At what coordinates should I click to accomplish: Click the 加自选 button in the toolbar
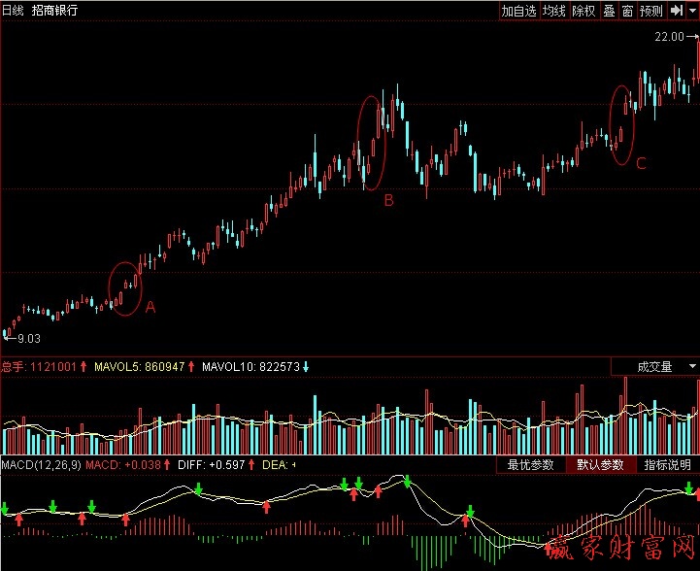tap(518, 11)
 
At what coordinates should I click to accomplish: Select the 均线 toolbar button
tap(553, 11)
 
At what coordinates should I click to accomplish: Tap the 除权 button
tap(583, 11)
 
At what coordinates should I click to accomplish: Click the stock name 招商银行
tap(55, 11)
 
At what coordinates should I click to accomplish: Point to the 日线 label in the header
tap(14, 11)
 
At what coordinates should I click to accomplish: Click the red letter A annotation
tap(150, 307)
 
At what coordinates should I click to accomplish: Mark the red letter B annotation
tap(388, 201)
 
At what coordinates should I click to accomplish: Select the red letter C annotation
tap(641, 164)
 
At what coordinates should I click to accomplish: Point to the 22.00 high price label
tap(669, 36)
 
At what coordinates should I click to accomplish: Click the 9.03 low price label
tap(28, 338)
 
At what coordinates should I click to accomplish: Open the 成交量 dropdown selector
tap(654, 367)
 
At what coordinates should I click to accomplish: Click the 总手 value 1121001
tap(54, 367)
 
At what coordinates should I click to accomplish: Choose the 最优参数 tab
tap(530, 465)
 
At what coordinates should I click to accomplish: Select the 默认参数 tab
tap(601, 465)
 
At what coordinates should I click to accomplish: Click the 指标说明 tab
tap(669, 465)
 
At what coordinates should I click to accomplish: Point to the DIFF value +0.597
tap(228, 465)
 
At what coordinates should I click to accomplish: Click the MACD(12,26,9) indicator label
tap(40, 465)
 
